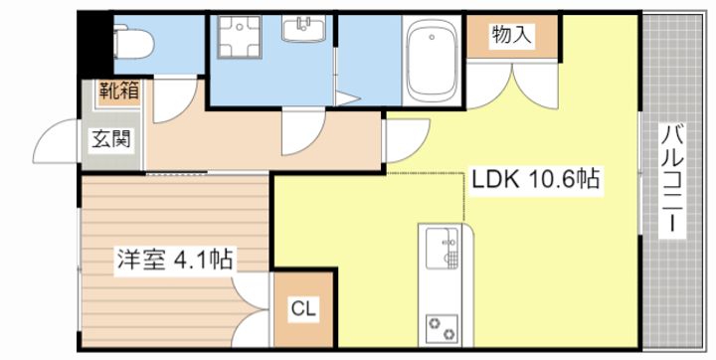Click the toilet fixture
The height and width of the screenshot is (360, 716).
133,43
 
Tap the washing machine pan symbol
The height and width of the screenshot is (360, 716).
239,37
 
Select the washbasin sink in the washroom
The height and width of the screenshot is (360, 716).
303,28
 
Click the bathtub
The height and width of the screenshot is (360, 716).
432,61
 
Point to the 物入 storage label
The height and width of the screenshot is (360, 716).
512,35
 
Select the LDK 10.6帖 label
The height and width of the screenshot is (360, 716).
535,180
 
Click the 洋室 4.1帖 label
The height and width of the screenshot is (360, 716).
174,260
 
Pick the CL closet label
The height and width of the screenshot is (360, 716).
303,309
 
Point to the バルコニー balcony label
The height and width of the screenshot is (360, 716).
672,180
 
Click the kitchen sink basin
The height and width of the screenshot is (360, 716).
442,248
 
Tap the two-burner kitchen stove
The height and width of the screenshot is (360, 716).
442,328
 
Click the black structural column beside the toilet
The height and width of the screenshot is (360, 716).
94,45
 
